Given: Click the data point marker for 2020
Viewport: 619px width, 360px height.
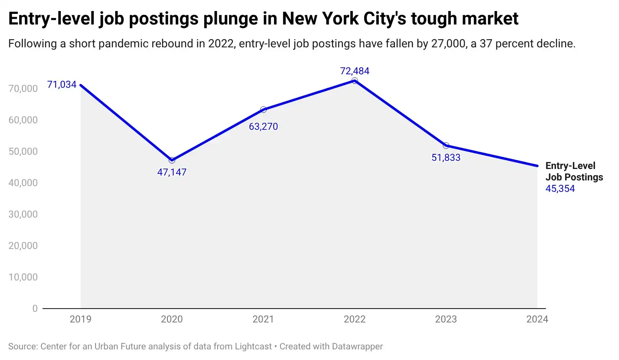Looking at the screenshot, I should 172,160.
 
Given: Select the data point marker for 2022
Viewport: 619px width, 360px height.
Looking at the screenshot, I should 354,81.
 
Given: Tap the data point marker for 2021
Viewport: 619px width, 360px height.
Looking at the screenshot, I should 263,110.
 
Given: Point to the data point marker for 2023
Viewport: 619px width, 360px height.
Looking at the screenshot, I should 446,146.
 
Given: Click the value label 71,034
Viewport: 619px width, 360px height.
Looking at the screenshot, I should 62,84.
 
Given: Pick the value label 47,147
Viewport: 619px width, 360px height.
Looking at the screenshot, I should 171,172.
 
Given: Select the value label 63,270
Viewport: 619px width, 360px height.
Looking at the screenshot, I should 263,127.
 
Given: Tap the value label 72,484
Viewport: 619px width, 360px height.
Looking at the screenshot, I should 354,71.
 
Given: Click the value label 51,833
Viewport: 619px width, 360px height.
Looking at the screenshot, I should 446,158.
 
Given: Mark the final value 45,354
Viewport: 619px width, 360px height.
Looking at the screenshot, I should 560,189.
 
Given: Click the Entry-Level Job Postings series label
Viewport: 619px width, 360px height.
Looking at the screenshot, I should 574,171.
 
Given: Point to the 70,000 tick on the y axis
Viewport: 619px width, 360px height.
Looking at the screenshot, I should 23,89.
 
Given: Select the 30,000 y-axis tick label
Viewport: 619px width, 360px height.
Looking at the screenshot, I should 23,214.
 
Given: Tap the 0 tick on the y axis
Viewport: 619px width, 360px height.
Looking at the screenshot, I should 35,309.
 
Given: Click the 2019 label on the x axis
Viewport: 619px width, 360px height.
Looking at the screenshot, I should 80,319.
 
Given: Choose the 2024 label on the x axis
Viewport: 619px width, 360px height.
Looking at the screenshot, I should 537,319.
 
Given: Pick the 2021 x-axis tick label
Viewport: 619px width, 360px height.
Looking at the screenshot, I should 263,319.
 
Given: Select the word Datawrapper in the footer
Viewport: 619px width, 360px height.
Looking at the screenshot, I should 357,347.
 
